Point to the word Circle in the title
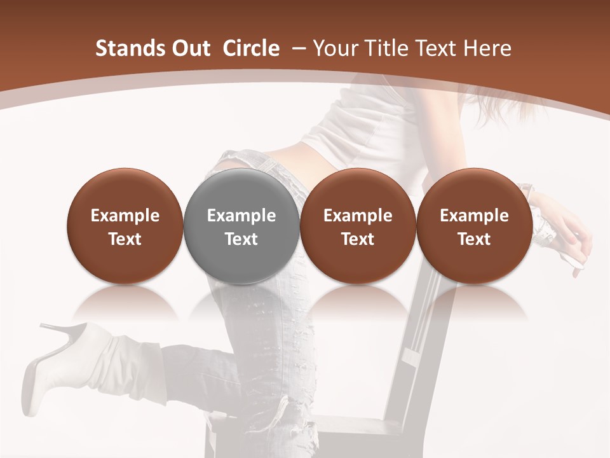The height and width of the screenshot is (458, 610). point(251,48)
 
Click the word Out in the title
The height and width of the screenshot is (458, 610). point(190,48)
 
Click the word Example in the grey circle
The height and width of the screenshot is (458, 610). point(241,216)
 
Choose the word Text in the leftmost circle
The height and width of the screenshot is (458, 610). point(125,239)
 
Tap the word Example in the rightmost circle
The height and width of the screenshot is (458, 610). point(474,216)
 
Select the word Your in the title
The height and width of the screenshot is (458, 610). point(334,48)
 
